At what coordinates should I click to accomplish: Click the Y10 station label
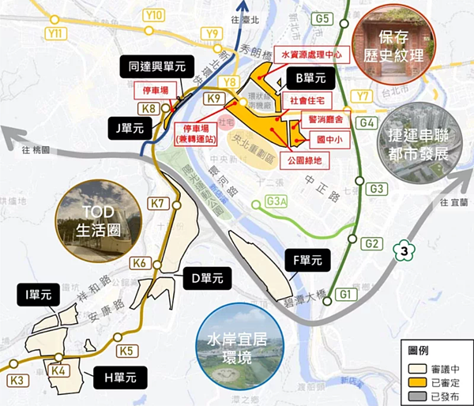tap(156, 15)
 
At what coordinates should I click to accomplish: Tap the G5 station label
tap(322, 18)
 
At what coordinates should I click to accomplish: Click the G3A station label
tap(276, 201)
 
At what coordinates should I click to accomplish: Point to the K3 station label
tap(17, 382)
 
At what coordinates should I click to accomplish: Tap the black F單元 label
tap(303, 260)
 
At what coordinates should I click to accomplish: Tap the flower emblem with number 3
tap(404, 251)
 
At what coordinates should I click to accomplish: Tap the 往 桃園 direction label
tap(36, 149)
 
